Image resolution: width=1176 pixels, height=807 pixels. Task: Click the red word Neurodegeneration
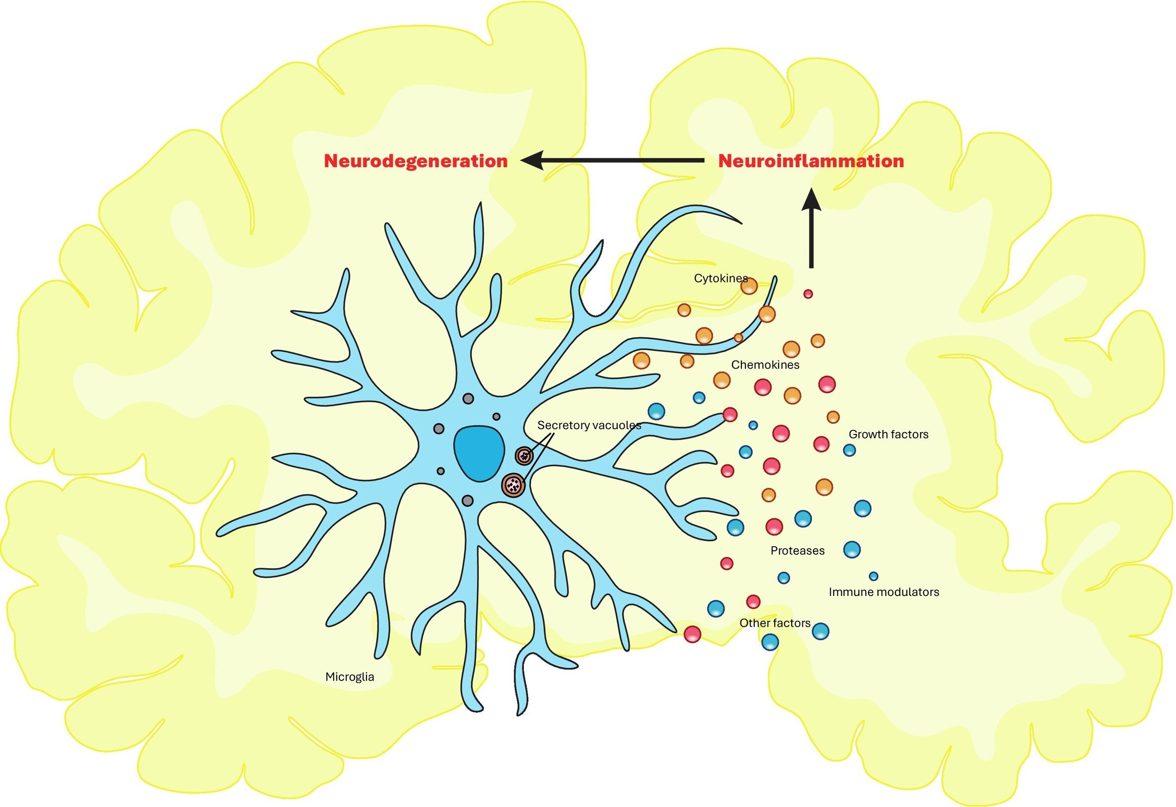[x=416, y=161]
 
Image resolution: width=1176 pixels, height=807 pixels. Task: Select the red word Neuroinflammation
[x=810, y=161]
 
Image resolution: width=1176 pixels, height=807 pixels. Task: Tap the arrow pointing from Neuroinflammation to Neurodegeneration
[x=612, y=160]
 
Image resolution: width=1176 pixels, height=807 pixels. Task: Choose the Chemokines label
[x=765, y=365]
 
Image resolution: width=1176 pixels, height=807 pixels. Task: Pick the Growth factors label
[x=888, y=434]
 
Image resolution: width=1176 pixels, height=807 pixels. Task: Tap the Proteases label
[x=797, y=550]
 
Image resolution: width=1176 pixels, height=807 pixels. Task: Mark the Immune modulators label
[x=883, y=592]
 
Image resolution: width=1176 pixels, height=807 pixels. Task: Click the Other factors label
[x=775, y=623]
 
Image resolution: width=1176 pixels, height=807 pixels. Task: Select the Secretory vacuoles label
[x=588, y=425]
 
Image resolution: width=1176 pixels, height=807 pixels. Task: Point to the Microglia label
[x=350, y=677]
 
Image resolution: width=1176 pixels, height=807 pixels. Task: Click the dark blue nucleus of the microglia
[x=479, y=453]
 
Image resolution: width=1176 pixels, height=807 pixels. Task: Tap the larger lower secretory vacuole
[x=513, y=485]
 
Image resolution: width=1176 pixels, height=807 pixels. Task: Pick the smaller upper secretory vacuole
[x=524, y=456]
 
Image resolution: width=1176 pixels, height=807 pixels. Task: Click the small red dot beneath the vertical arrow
[x=808, y=293]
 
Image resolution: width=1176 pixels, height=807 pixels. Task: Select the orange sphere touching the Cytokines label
[x=749, y=287]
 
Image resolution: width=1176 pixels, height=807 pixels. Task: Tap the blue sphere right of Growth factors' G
[x=849, y=450]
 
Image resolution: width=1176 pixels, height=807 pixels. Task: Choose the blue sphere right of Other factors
[x=820, y=631]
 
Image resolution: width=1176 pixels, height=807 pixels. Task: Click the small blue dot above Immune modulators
[x=874, y=576]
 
